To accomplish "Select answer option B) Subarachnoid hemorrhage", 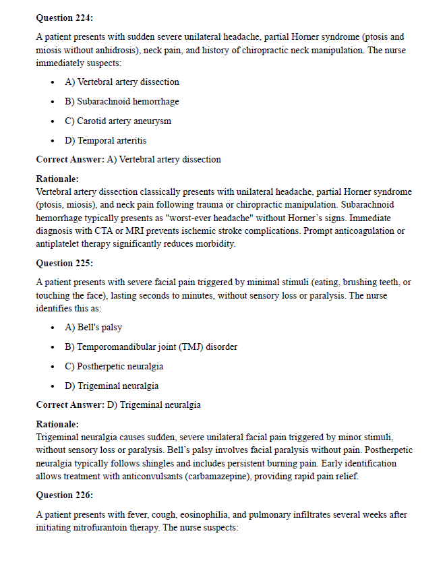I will [x=121, y=102].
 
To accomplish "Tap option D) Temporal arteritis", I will [x=105, y=141].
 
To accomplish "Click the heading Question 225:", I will [x=65, y=263].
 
